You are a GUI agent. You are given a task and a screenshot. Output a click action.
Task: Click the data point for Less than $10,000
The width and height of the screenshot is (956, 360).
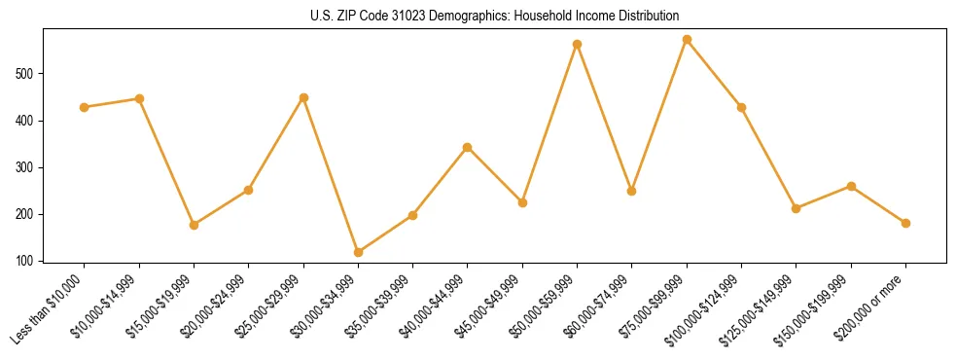85,107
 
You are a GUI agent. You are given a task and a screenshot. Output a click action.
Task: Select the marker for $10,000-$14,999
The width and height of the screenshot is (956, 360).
139,98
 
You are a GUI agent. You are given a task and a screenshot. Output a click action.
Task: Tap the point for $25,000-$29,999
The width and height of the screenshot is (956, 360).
303,97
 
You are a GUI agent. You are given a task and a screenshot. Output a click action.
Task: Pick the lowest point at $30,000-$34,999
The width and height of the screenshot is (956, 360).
359,252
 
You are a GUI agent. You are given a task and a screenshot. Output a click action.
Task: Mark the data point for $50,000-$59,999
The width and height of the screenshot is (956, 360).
578,44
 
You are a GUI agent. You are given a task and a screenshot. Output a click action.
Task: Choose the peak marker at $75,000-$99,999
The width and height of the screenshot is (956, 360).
687,40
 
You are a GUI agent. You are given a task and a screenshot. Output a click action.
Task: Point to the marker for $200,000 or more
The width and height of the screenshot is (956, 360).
905,223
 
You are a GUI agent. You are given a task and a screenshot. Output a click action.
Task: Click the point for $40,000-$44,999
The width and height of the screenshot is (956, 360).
468,147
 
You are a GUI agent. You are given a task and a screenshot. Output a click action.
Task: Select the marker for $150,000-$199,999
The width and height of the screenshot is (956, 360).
851,186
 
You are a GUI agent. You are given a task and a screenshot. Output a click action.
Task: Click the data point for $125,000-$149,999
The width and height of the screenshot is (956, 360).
796,208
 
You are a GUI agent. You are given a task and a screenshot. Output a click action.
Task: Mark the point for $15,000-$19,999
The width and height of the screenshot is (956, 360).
194,225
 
